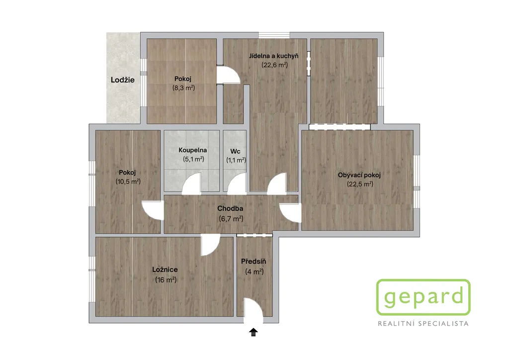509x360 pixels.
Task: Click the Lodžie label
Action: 122,80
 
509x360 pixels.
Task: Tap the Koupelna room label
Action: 192,150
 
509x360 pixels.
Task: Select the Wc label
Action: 235,151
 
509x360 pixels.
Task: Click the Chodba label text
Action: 230,208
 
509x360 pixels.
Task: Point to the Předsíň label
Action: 254,262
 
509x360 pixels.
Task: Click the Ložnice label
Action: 165,270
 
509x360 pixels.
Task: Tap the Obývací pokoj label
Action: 359,175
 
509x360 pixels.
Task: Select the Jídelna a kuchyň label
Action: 274,56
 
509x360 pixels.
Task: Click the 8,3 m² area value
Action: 183,88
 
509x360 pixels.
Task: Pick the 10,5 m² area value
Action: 128,181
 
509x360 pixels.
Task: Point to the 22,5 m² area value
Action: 360,184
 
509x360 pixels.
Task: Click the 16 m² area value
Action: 166,280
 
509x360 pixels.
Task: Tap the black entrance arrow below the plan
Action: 254,333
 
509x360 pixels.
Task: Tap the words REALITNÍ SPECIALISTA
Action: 424,324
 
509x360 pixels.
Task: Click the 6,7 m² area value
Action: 231,219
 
